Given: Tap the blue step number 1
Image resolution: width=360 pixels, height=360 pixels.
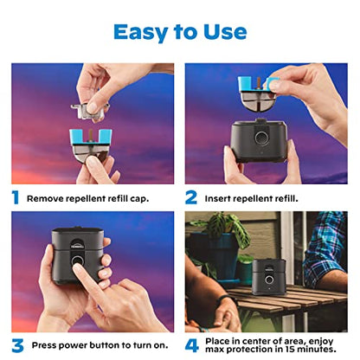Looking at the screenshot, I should [x=15, y=197].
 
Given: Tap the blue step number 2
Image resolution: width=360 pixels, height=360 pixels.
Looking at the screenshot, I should [x=192, y=197].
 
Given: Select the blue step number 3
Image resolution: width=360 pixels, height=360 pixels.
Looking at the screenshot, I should [x=16, y=346].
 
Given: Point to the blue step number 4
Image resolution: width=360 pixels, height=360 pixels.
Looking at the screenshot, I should [x=192, y=346].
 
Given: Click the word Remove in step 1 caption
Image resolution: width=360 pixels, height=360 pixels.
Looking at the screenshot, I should [x=46, y=198].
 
